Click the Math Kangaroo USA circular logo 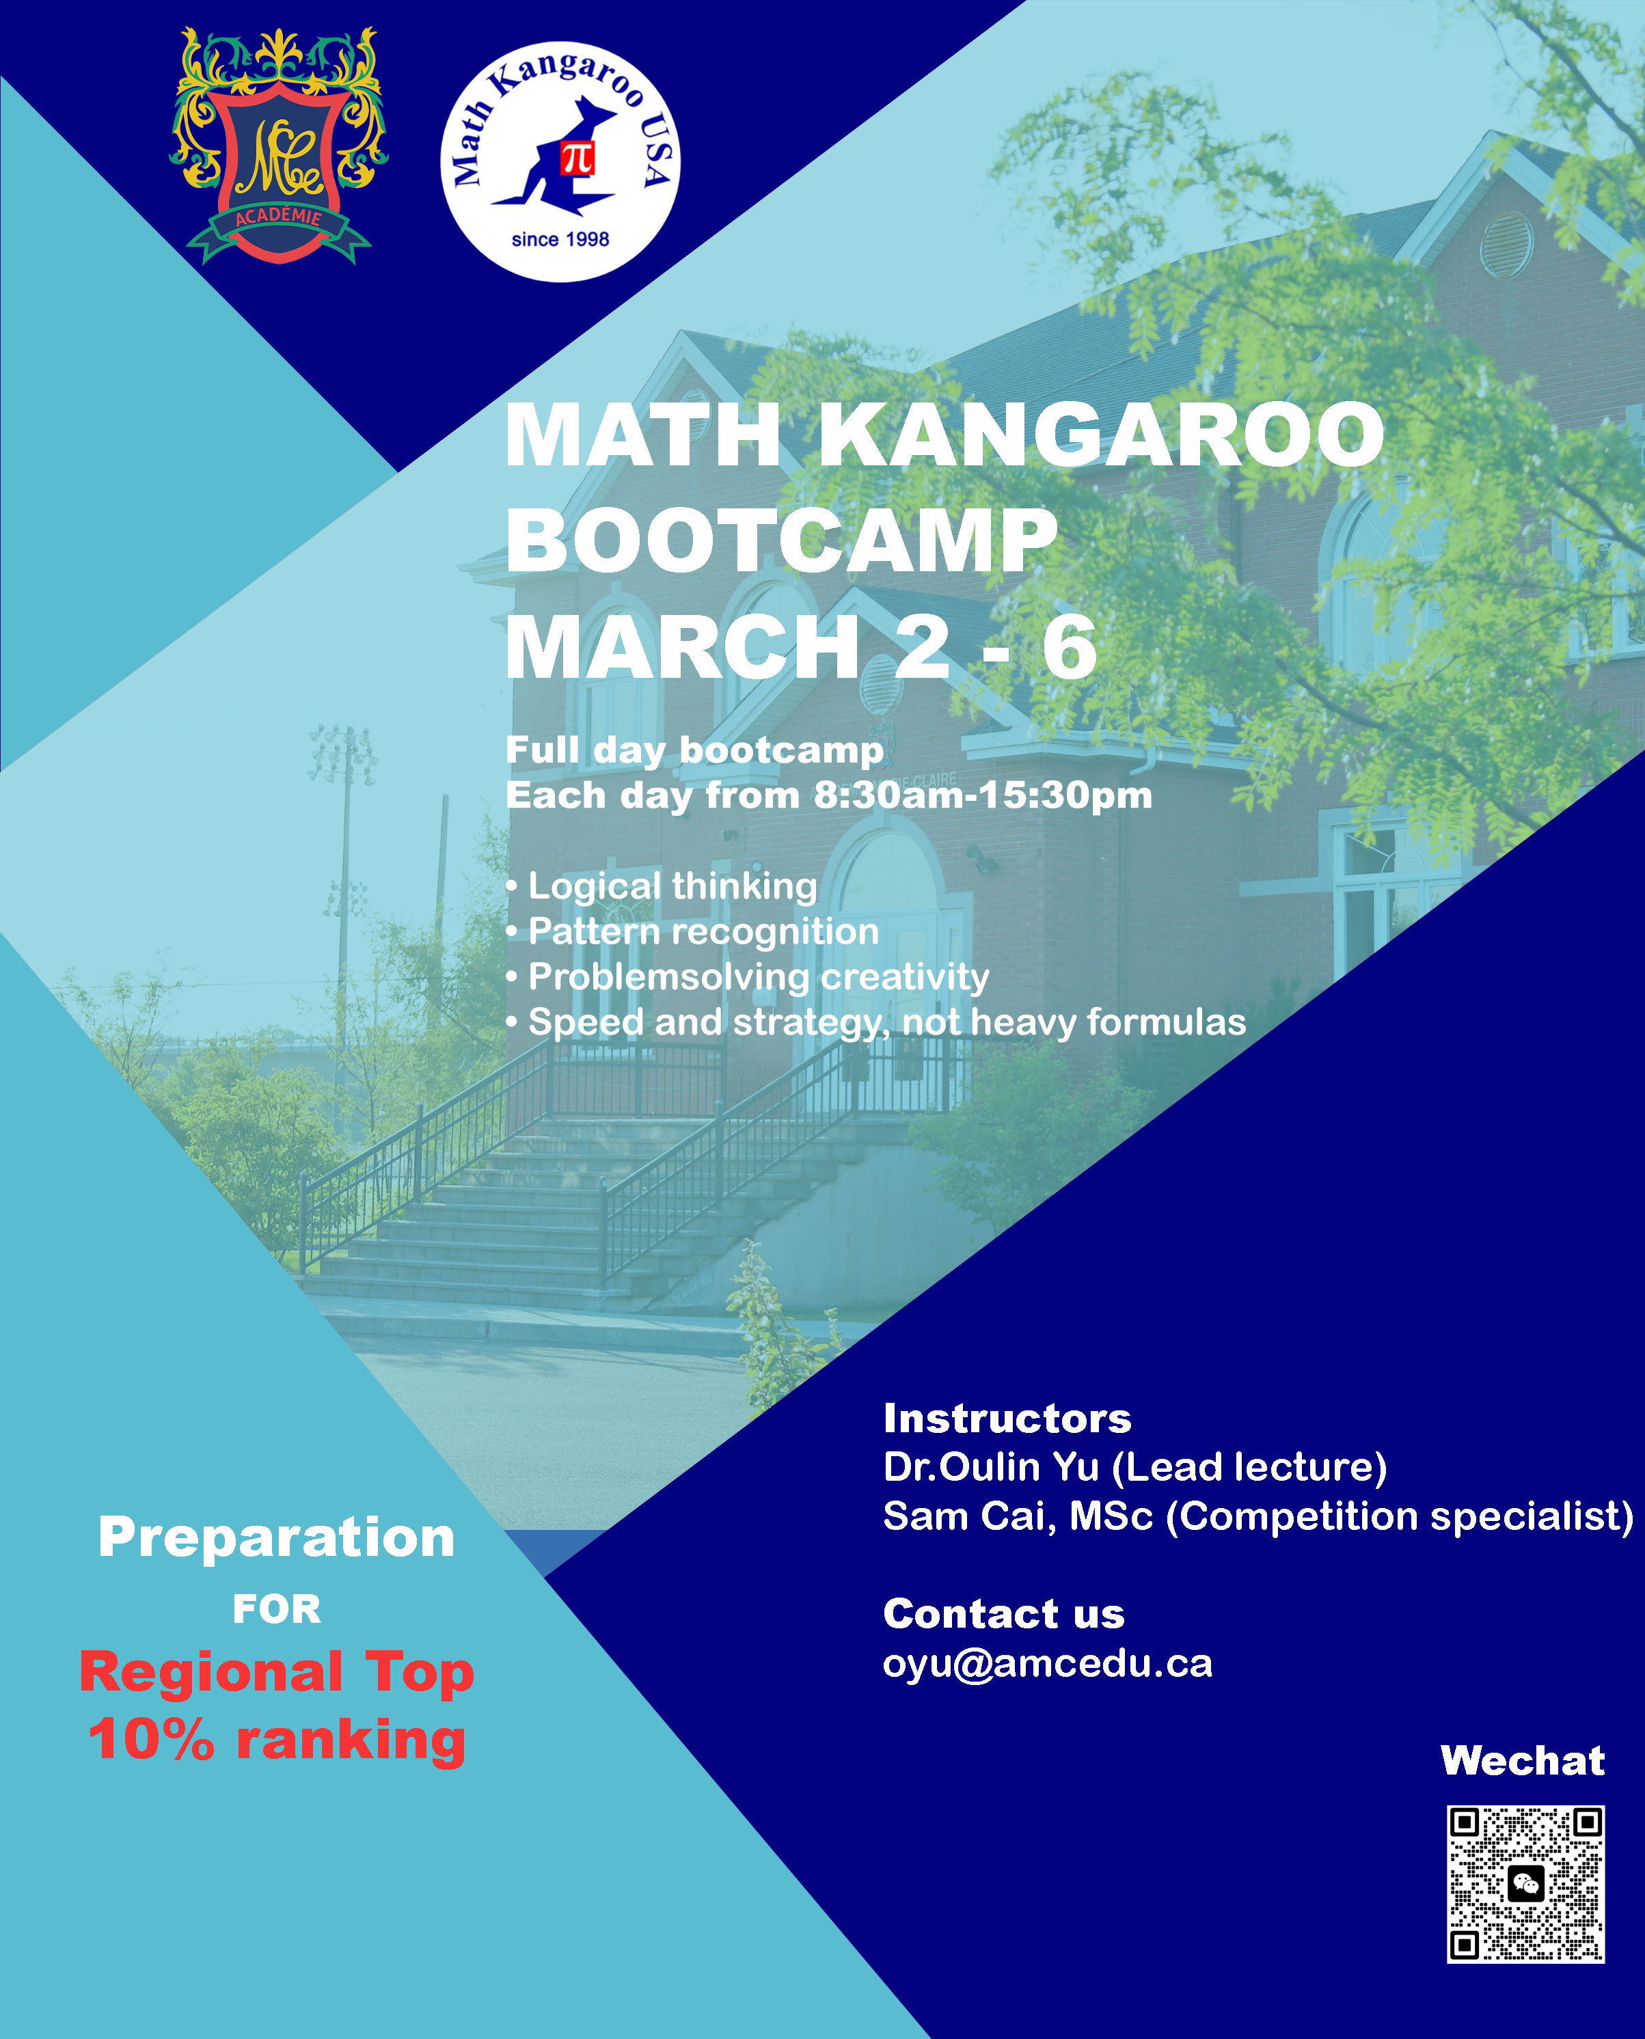point(560,161)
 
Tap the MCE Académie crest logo point(279,145)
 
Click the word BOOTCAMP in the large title point(782,541)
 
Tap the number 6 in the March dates point(1070,647)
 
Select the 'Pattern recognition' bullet point(693,931)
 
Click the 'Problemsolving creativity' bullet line point(748,977)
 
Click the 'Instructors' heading point(1007,1419)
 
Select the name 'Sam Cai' point(966,1516)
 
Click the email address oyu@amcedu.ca point(1048,1665)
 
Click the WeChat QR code point(1525,1885)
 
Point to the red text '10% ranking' point(277,1740)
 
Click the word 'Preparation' point(277,1537)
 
